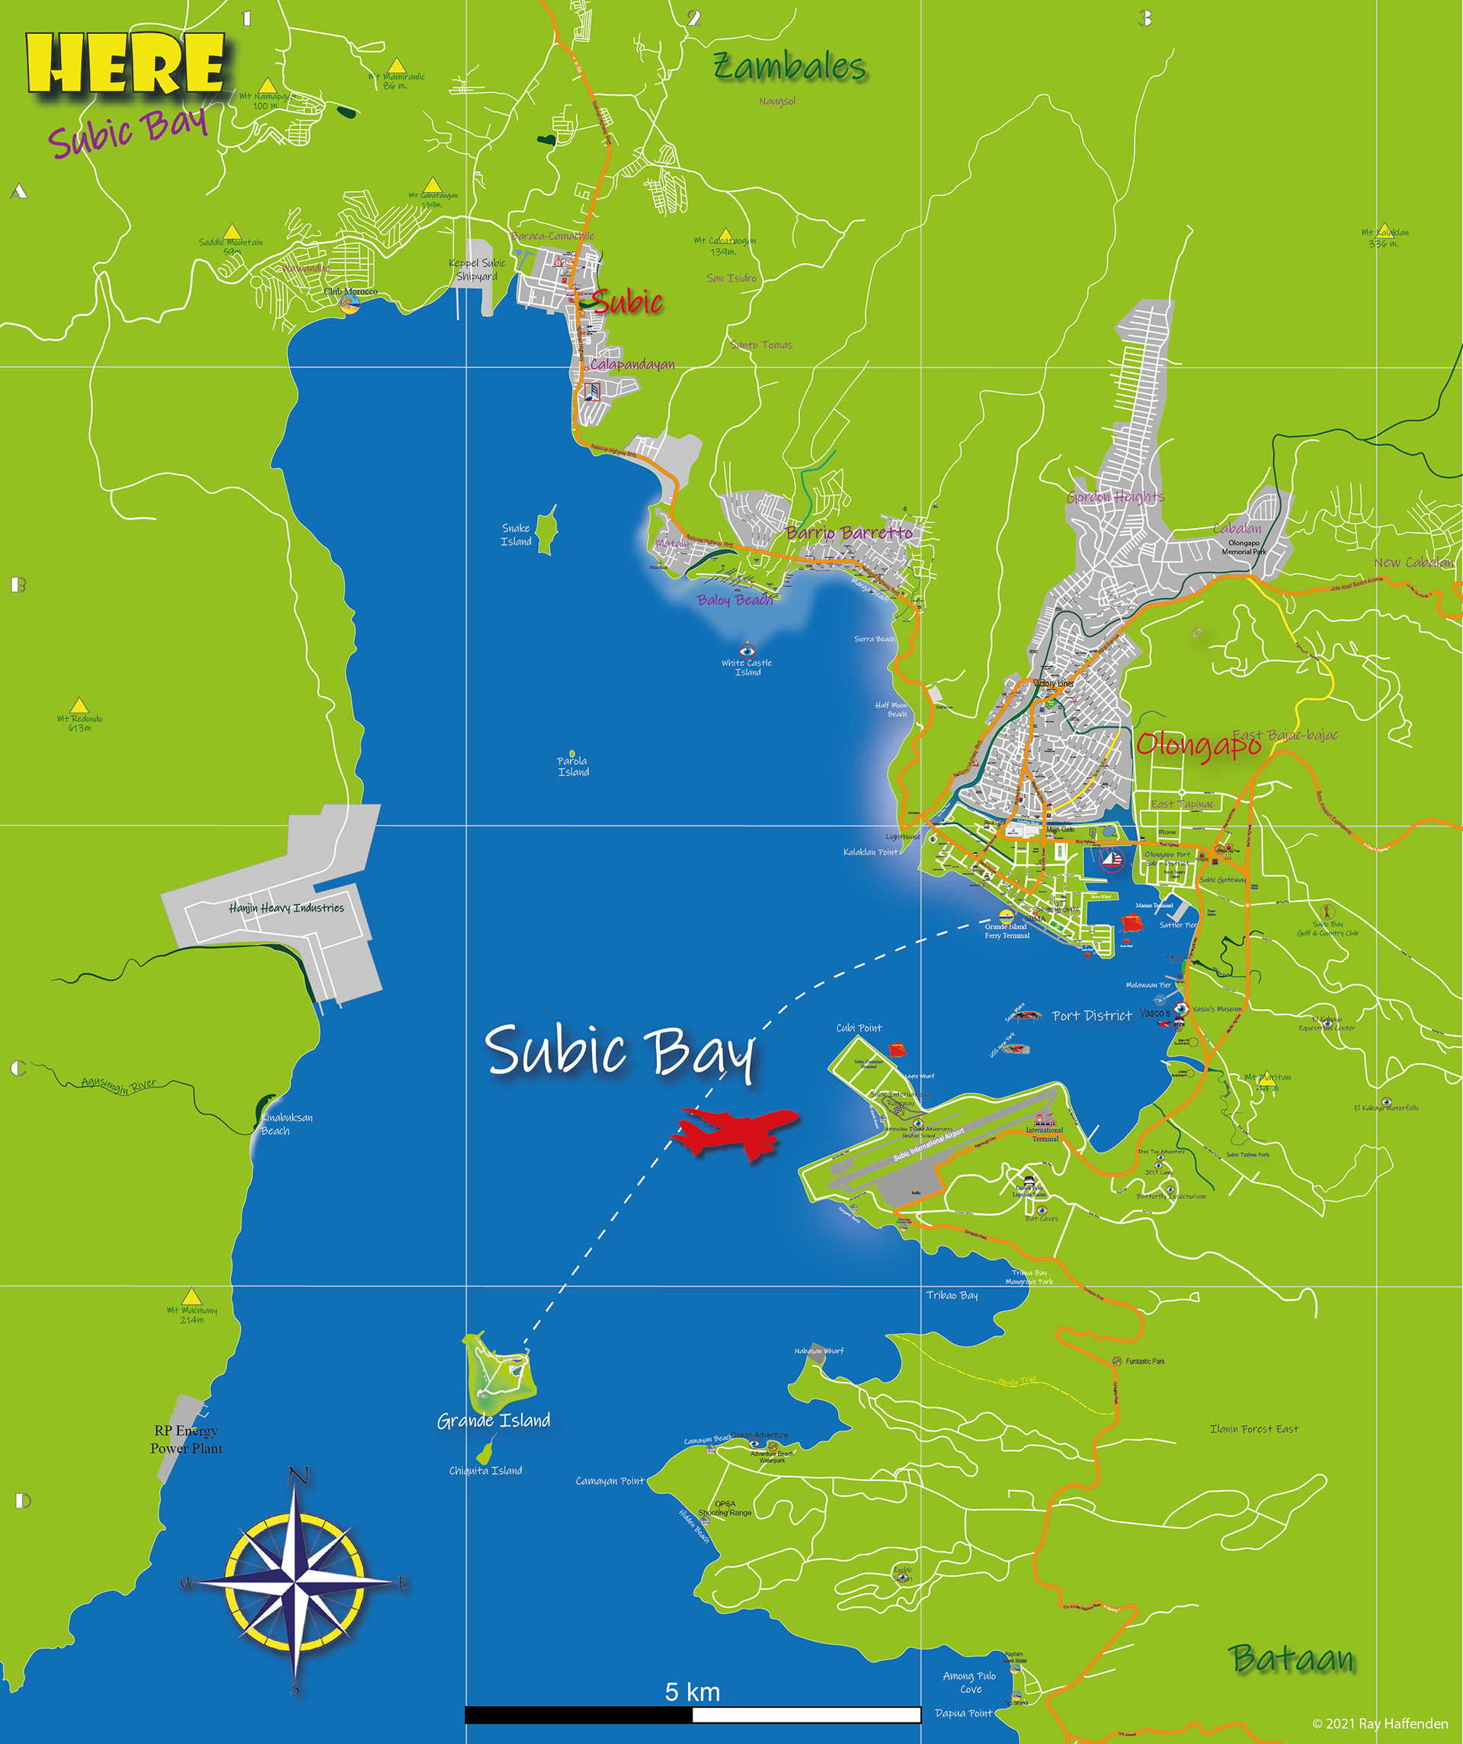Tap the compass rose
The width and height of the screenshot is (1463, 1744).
pyautogui.click(x=295, y=1583)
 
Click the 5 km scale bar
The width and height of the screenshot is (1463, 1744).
pyautogui.click(x=693, y=1714)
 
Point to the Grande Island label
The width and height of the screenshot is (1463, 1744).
pyautogui.click(x=493, y=1421)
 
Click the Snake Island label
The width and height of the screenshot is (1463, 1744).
pyautogui.click(x=516, y=535)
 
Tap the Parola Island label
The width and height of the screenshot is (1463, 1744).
pyautogui.click(x=573, y=767)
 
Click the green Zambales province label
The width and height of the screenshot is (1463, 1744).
pyautogui.click(x=789, y=67)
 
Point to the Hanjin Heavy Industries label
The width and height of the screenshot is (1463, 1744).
pyautogui.click(x=287, y=909)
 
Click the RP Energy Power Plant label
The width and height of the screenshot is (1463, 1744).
pyautogui.click(x=186, y=1439)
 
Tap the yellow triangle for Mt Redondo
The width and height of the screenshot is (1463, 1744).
pyautogui.click(x=79, y=705)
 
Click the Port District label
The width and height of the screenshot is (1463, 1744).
pyautogui.click(x=1092, y=1015)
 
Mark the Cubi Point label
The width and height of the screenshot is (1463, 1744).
pyautogui.click(x=859, y=1028)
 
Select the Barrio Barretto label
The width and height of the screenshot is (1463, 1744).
pyautogui.click(x=849, y=533)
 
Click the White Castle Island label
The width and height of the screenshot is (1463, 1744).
pyautogui.click(x=747, y=668)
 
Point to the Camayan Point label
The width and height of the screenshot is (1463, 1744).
pyautogui.click(x=610, y=1481)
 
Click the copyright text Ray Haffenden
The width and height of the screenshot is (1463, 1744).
pyautogui.click(x=1379, y=1724)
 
